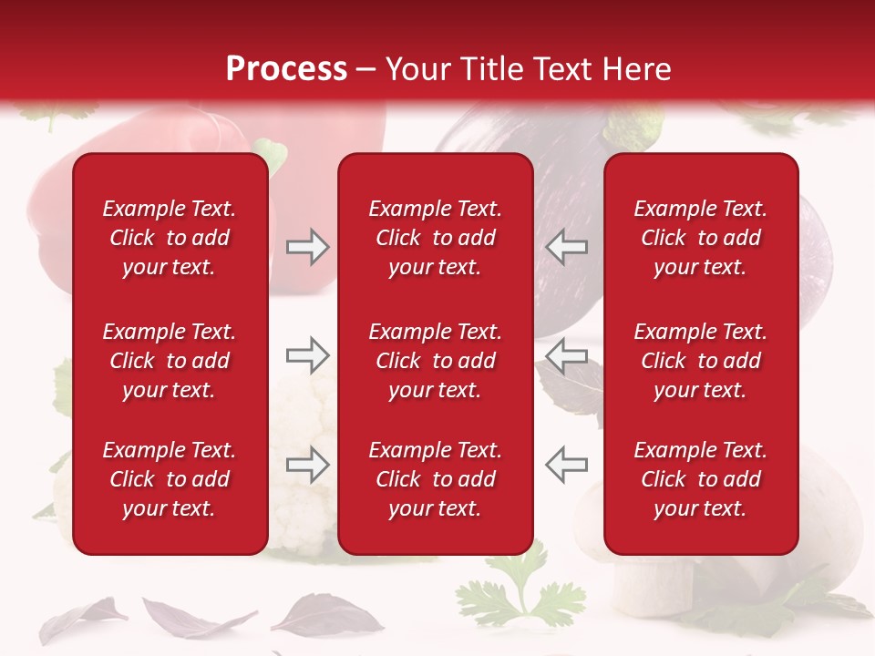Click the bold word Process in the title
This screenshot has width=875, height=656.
[x=286, y=69]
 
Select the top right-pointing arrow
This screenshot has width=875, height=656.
[x=307, y=246]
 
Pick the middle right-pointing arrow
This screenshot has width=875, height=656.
[x=307, y=355]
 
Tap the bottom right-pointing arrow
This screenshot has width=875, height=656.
[x=307, y=465]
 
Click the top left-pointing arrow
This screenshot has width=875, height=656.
[x=566, y=246]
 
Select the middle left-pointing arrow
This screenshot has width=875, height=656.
[x=566, y=355]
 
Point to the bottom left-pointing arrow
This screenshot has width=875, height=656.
[x=566, y=465]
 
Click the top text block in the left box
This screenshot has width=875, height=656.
[x=170, y=238]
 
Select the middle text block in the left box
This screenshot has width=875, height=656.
[x=170, y=361]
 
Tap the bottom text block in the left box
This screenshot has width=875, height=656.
[x=170, y=479]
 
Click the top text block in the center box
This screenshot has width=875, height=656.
[x=436, y=238]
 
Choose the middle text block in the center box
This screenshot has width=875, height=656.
[x=436, y=361]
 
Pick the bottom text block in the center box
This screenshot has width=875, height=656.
[x=436, y=479]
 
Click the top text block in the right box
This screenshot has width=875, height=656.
[x=701, y=238]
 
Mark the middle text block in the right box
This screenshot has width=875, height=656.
[x=701, y=361]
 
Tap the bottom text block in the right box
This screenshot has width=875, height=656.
[x=701, y=479]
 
